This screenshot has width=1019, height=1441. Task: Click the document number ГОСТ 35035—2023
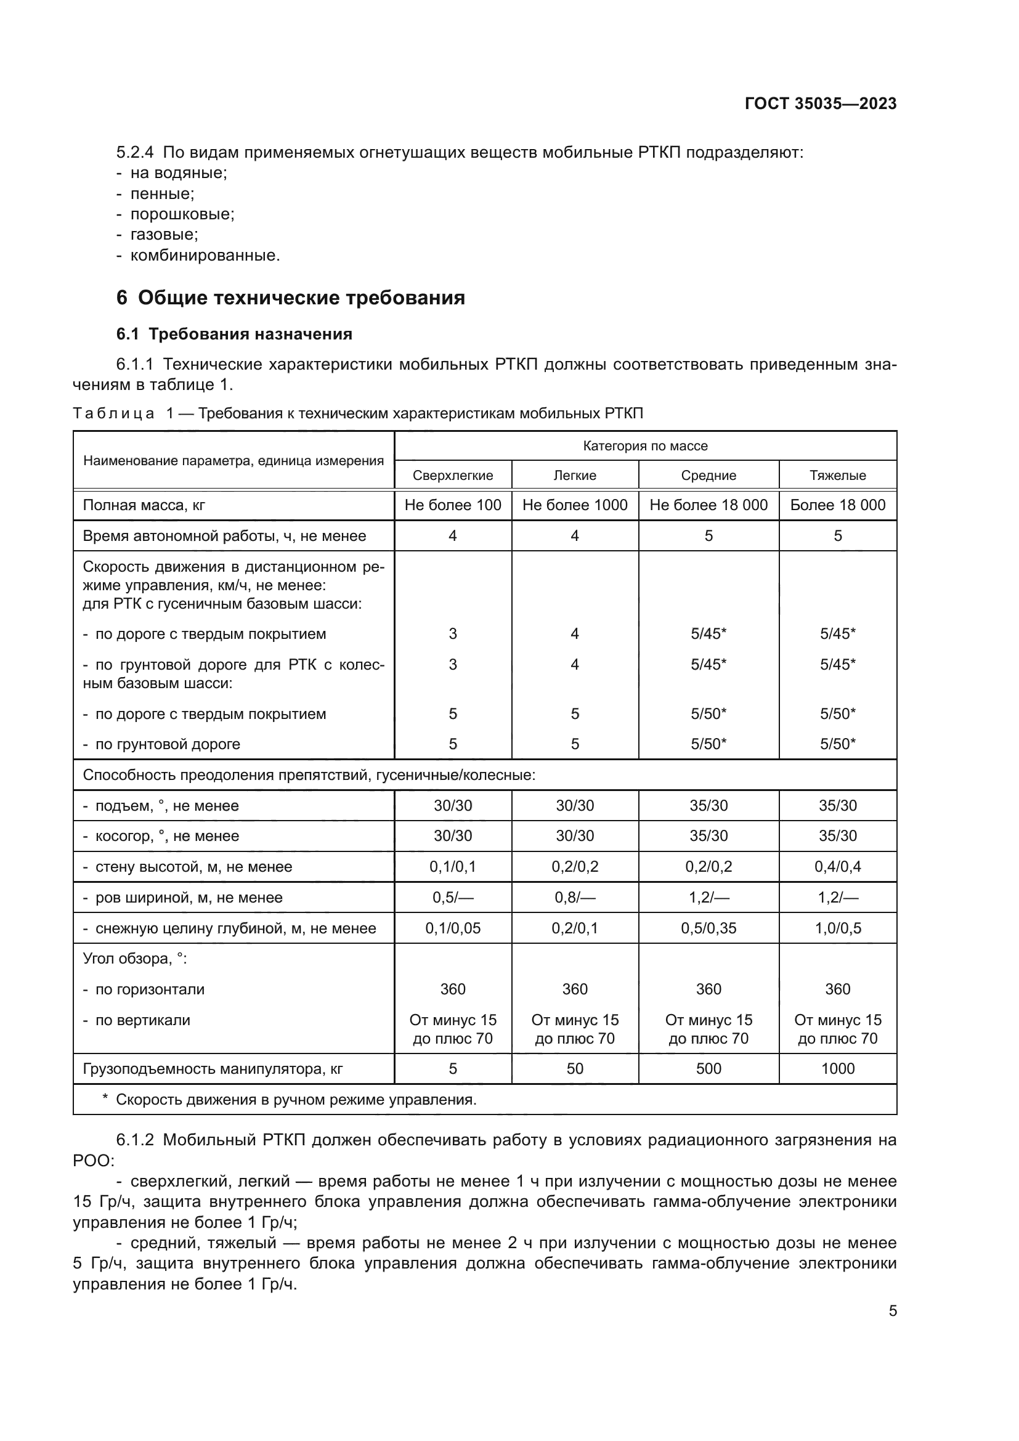tap(820, 104)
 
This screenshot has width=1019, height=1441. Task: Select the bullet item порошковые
tap(182, 214)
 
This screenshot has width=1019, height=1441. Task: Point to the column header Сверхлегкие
tap(452, 475)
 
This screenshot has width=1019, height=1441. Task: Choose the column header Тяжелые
tap(837, 475)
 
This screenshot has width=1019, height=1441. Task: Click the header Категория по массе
tap(645, 445)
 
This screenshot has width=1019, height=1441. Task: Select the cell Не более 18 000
tap(708, 505)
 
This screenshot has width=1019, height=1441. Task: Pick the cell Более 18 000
tap(837, 505)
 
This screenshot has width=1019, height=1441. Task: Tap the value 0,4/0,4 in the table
tap(837, 867)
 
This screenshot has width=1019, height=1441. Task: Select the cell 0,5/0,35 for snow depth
tap(708, 928)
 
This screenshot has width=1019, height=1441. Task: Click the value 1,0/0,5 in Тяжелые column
tap(837, 928)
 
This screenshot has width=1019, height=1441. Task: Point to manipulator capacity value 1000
tap(837, 1069)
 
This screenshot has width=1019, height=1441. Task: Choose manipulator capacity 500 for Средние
tap(708, 1069)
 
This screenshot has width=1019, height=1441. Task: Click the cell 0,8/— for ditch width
tap(574, 898)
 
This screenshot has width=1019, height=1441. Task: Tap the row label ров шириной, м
tap(189, 898)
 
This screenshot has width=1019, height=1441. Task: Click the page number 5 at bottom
tap(892, 1311)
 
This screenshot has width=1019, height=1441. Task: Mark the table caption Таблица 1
tap(358, 413)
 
